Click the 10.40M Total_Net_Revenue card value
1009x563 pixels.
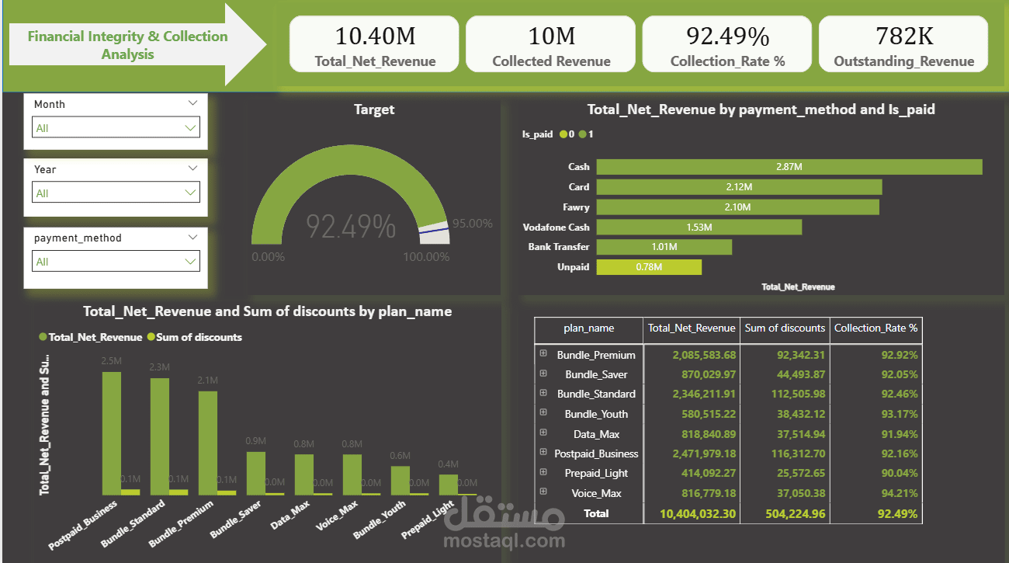375,36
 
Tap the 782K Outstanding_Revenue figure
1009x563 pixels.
904,36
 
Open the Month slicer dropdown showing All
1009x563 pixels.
116,127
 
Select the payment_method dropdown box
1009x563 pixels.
116,262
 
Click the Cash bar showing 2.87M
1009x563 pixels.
789,167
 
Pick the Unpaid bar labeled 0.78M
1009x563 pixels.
649,267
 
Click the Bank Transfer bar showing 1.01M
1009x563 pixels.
664,247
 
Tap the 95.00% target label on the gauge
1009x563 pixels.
473,224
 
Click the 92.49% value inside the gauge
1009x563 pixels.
351,227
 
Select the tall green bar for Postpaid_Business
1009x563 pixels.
112,433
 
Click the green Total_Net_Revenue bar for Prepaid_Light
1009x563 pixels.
448,485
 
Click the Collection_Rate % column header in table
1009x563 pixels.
876,328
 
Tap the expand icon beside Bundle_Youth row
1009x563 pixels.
543,413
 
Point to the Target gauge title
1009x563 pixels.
374,109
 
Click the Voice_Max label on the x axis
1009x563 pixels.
338,516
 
